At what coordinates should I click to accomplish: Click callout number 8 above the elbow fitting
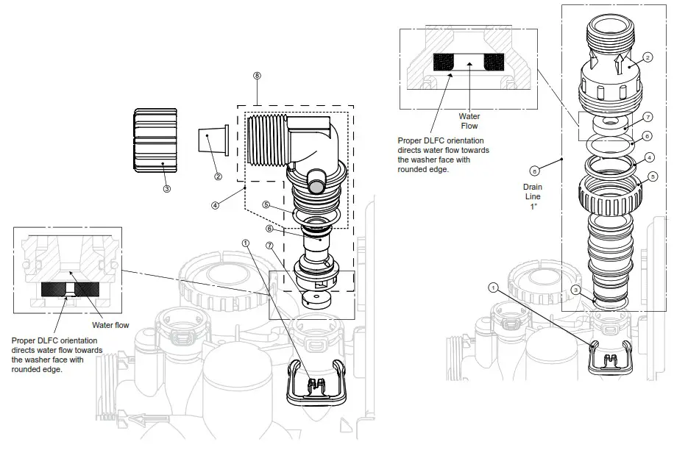coord(256,76)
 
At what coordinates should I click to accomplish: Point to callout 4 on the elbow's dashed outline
coord(215,205)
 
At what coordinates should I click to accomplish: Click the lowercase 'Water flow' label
coord(111,324)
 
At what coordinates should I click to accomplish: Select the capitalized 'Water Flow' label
coord(469,121)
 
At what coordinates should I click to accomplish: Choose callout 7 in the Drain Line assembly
coord(648,117)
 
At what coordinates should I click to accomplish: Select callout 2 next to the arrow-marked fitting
coord(647,57)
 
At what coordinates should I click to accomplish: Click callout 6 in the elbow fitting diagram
coord(269,229)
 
